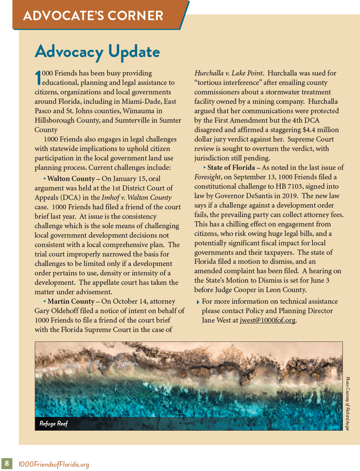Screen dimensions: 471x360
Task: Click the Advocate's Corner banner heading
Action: click(93, 16)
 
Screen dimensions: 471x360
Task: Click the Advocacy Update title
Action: click(97, 51)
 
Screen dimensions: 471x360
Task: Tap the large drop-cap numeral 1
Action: click(38, 78)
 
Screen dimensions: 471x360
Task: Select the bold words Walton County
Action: click(71, 178)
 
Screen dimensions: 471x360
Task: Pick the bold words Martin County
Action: click(71, 302)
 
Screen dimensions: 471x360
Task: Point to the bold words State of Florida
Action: click(231, 167)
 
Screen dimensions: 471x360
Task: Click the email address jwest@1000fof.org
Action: click(267, 320)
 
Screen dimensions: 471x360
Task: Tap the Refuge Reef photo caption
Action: click(54, 424)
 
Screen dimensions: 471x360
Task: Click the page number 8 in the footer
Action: click(7, 463)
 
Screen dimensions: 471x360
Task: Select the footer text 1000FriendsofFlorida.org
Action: click(54, 464)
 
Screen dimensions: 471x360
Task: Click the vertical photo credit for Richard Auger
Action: click(348, 403)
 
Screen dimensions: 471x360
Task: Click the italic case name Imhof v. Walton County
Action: click(137, 198)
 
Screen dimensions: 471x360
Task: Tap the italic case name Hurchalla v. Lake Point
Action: click(228, 73)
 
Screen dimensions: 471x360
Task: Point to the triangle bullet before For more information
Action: click(197, 302)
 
